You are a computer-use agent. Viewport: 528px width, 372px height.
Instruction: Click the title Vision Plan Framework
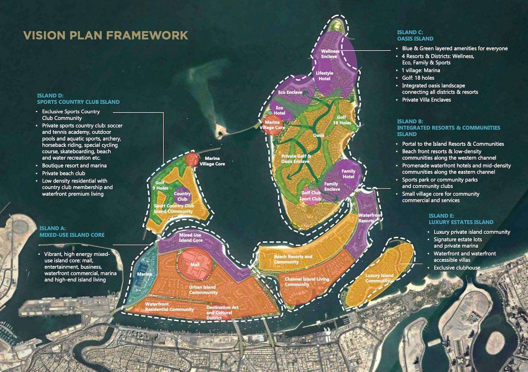click(106, 35)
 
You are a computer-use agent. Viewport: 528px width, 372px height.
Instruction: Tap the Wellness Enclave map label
click(330, 54)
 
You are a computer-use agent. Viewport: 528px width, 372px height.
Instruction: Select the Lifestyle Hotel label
click(324, 76)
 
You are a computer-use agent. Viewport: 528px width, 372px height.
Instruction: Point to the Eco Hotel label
click(280, 110)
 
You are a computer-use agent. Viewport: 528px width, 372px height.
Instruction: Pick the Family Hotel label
click(349, 174)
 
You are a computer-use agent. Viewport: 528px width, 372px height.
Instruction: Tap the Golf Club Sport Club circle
click(311, 195)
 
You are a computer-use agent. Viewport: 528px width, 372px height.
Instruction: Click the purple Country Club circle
click(182, 196)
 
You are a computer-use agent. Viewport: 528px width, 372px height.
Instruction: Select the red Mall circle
click(195, 265)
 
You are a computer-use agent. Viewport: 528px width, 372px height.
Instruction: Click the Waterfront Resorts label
click(370, 218)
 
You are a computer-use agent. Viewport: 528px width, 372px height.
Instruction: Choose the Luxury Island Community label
click(379, 278)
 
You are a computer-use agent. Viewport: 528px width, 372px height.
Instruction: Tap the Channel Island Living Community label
click(307, 282)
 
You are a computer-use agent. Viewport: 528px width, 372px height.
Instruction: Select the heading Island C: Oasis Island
click(415, 35)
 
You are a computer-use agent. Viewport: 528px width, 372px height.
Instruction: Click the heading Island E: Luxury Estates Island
click(461, 219)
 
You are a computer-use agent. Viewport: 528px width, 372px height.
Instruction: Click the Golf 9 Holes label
click(162, 185)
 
